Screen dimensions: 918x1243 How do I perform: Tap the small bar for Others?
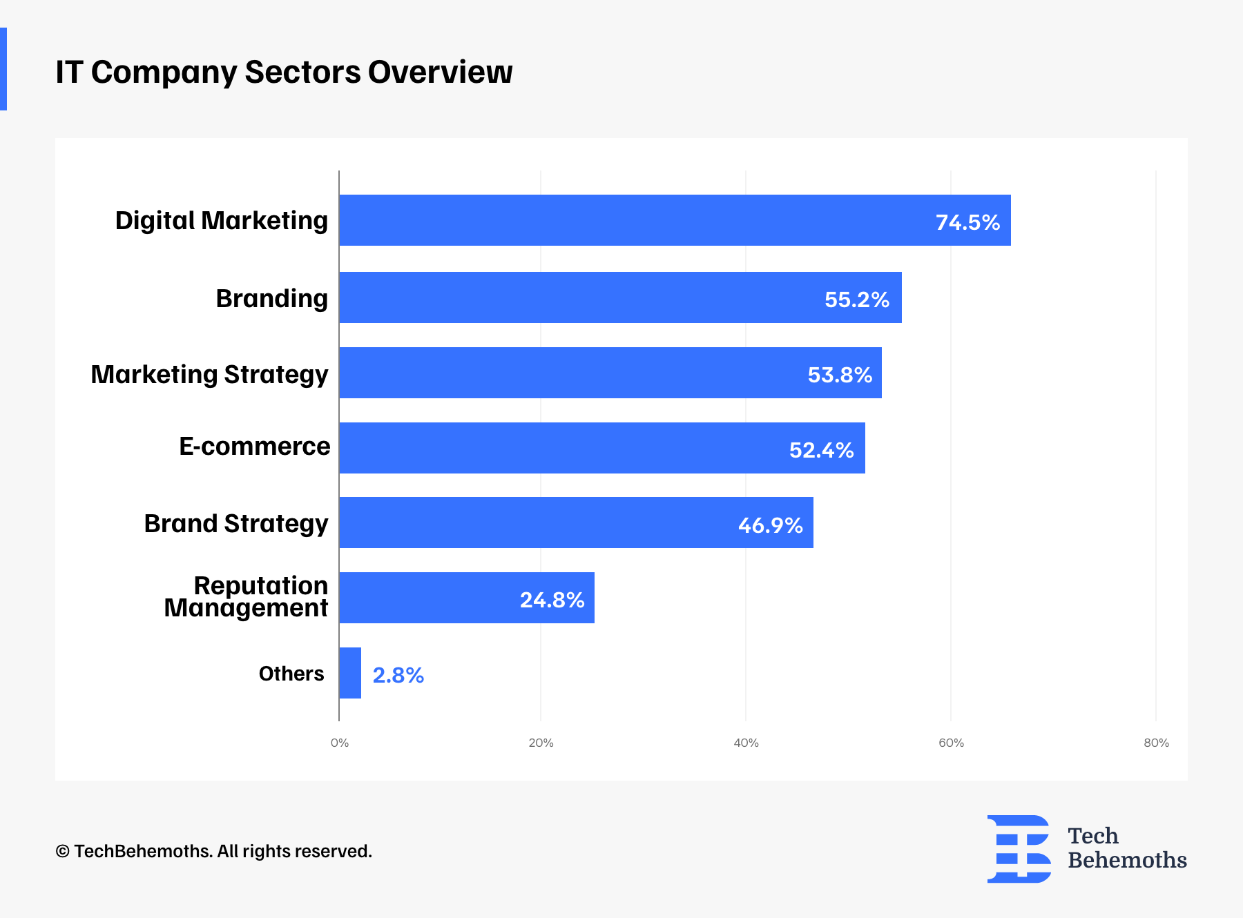pyautogui.click(x=350, y=673)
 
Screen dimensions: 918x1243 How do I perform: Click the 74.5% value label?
pyautogui.click(x=967, y=222)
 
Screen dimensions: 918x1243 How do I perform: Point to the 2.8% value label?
pyautogui.click(x=398, y=675)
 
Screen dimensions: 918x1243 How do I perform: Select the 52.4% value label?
pyautogui.click(x=821, y=450)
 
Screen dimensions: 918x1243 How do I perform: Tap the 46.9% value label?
pyautogui.click(x=770, y=525)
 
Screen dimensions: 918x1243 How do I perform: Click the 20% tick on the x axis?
pyautogui.click(x=541, y=743)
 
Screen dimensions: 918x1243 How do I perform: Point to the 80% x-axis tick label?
pyautogui.click(x=1156, y=743)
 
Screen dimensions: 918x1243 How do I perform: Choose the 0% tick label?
pyautogui.click(x=339, y=743)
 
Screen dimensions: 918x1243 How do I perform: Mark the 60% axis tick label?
pyautogui.click(x=951, y=743)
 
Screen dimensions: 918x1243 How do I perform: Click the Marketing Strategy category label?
pyautogui.click(x=209, y=374)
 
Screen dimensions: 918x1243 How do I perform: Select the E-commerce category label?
pyautogui.click(x=254, y=447)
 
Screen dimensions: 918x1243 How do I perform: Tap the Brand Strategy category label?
pyautogui.click(x=235, y=524)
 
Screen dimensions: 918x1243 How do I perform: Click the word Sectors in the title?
pyautogui.click(x=302, y=72)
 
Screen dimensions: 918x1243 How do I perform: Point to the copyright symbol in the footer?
pyautogui.click(x=63, y=852)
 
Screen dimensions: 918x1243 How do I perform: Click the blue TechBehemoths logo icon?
pyautogui.click(x=1019, y=849)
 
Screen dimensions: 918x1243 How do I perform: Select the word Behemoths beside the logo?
pyautogui.click(x=1127, y=861)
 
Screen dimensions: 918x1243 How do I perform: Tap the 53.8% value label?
pyautogui.click(x=840, y=375)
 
